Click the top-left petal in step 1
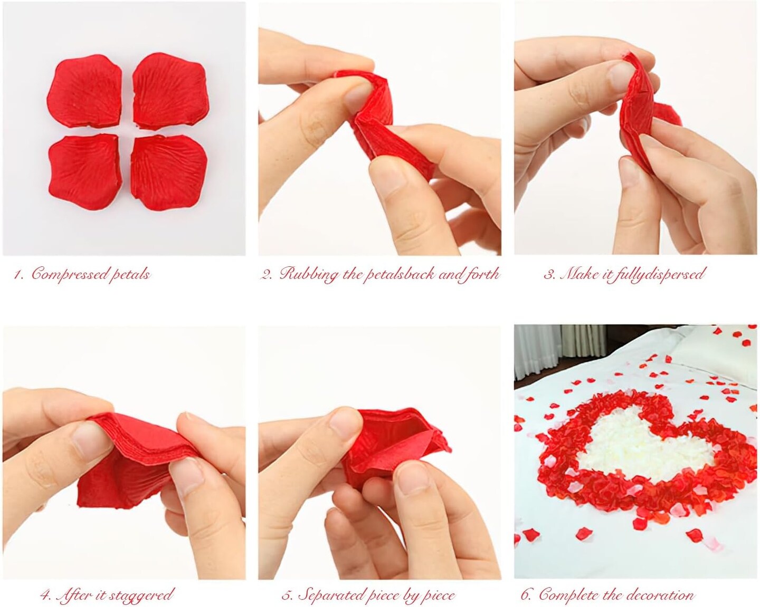(84, 91)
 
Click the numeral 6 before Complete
(526, 595)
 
